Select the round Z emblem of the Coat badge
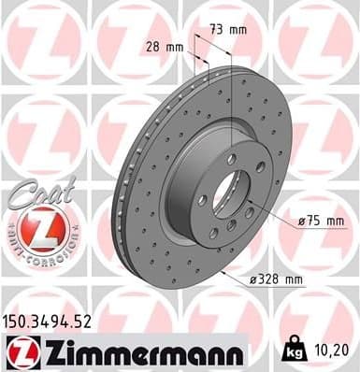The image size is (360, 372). pyautogui.click(x=39, y=228)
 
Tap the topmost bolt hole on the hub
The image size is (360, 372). pyautogui.click(x=231, y=160)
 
